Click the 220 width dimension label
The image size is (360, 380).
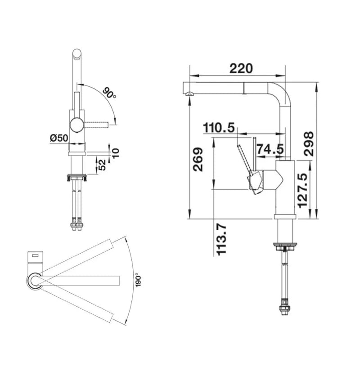pyautogui.click(x=241, y=68)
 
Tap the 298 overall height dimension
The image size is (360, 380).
pyautogui.click(x=309, y=144)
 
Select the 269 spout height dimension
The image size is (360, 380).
pyautogui.click(x=198, y=159)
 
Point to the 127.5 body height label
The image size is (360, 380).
pyautogui.click(x=302, y=190)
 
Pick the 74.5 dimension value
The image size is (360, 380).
pyautogui.click(x=270, y=149)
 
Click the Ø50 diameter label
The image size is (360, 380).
pyautogui.click(x=59, y=138)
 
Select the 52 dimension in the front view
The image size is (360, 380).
pyautogui.click(x=102, y=165)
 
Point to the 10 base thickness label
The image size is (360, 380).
pyautogui.click(x=116, y=153)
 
